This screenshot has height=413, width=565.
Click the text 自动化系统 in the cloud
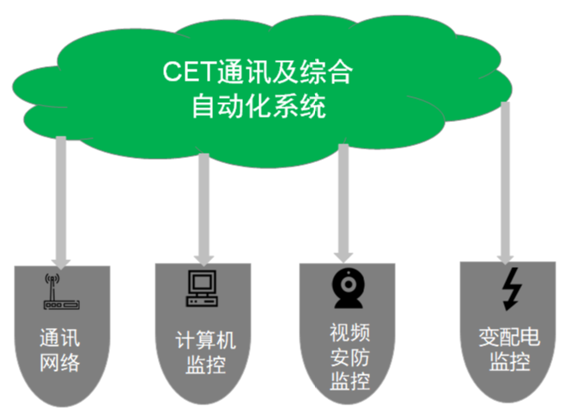259,108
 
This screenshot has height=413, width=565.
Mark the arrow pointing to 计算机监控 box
204,206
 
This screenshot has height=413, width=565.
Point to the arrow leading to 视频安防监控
343,202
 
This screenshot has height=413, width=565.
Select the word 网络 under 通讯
60,361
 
